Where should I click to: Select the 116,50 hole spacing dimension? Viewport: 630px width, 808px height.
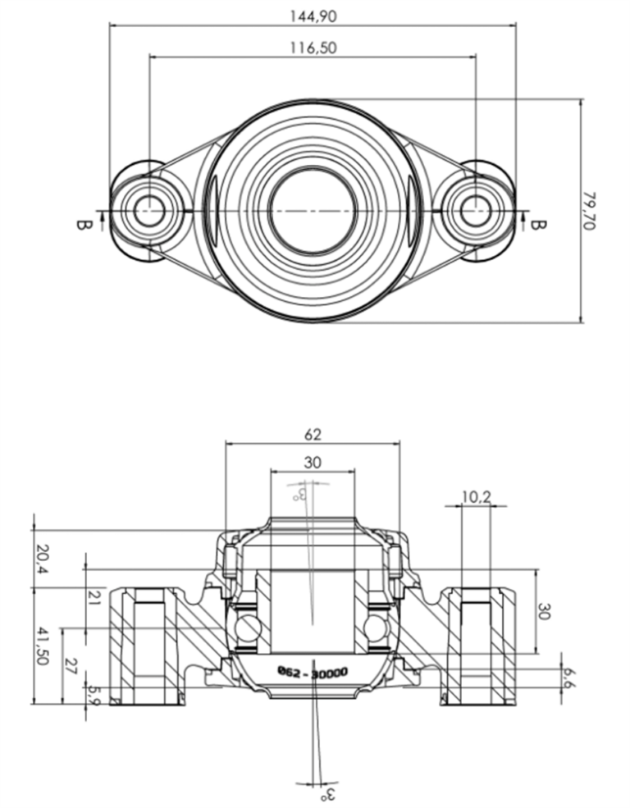313,48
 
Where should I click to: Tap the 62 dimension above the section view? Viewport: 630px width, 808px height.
313,434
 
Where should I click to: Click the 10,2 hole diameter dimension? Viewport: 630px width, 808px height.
476,496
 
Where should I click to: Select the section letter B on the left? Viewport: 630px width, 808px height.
81,222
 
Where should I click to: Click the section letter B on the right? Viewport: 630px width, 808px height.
537,222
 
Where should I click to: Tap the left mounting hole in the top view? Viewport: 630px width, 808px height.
148,210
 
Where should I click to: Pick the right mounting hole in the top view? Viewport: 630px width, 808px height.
474,210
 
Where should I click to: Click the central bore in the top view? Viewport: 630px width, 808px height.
313,210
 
